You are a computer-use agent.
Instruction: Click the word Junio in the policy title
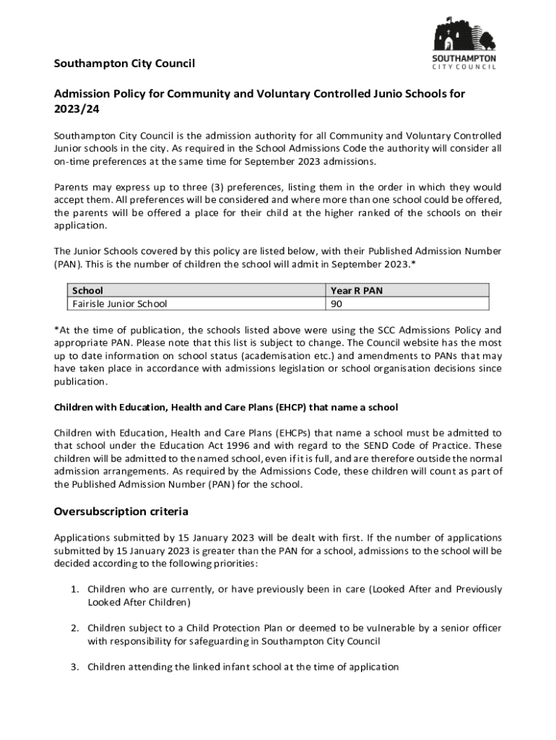365,93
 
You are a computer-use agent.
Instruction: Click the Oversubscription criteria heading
121,512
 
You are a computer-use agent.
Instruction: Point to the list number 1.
74,589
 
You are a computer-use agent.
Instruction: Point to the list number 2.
74,628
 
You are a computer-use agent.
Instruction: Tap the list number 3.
74,667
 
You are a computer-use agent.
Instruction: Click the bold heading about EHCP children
225,408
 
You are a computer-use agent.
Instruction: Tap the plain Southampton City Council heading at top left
124,64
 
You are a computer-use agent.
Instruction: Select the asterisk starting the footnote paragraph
57,330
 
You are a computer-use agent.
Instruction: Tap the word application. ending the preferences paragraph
80,225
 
